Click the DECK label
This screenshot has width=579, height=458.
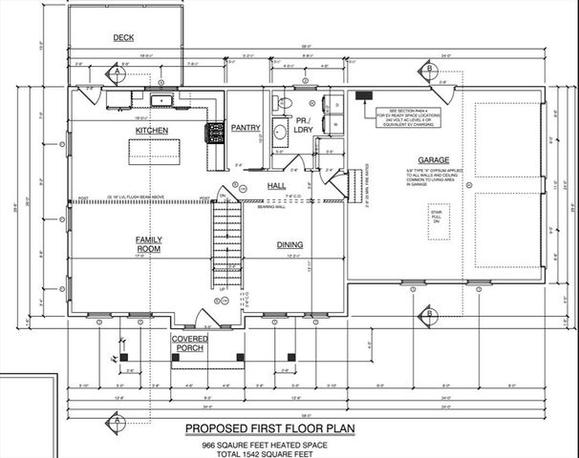pyautogui.click(x=123, y=38)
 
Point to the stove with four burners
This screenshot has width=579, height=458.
pyautogui.click(x=214, y=135)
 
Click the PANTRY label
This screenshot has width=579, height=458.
pyautogui.click(x=247, y=127)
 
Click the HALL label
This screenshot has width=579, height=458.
pyautogui.click(x=277, y=185)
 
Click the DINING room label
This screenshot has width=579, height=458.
pyautogui.click(x=289, y=244)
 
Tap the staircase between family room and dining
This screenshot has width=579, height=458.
pyautogui.click(x=225, y=239)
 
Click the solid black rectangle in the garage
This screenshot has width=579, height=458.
pyautogui.click(x=363, y=94)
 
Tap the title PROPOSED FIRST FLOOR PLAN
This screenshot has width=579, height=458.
pyautogui.click(x=268, y=429)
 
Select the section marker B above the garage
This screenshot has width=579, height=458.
pyautogui.click(x=431, y=73)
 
